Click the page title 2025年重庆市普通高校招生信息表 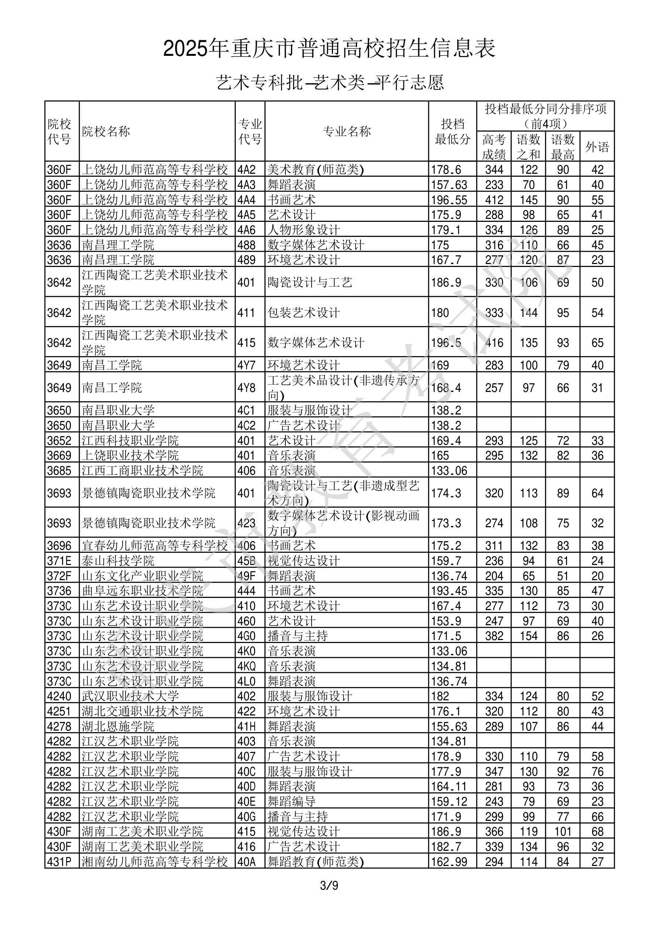click(x=329, y=48)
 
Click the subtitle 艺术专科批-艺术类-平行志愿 click(x=329, y=82)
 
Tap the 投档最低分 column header click(x=452, y=131)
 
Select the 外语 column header click(x=597, y=146)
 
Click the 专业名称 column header click(x=346, y=131)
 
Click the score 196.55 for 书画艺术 click(x=449, y=200)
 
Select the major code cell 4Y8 click(x=246, y=388)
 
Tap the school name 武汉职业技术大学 click(x=130, y=696)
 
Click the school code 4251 click(x=59, y=711)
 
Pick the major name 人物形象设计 click(x=303, y=230)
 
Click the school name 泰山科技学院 click(x=118, y=561)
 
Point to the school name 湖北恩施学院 click(x=118, y=726)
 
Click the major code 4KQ click(x=246, y=666)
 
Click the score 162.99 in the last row click(x=449, y=862)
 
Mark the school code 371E click(x=59, y=561)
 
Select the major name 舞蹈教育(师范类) click(x=315, y=862)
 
